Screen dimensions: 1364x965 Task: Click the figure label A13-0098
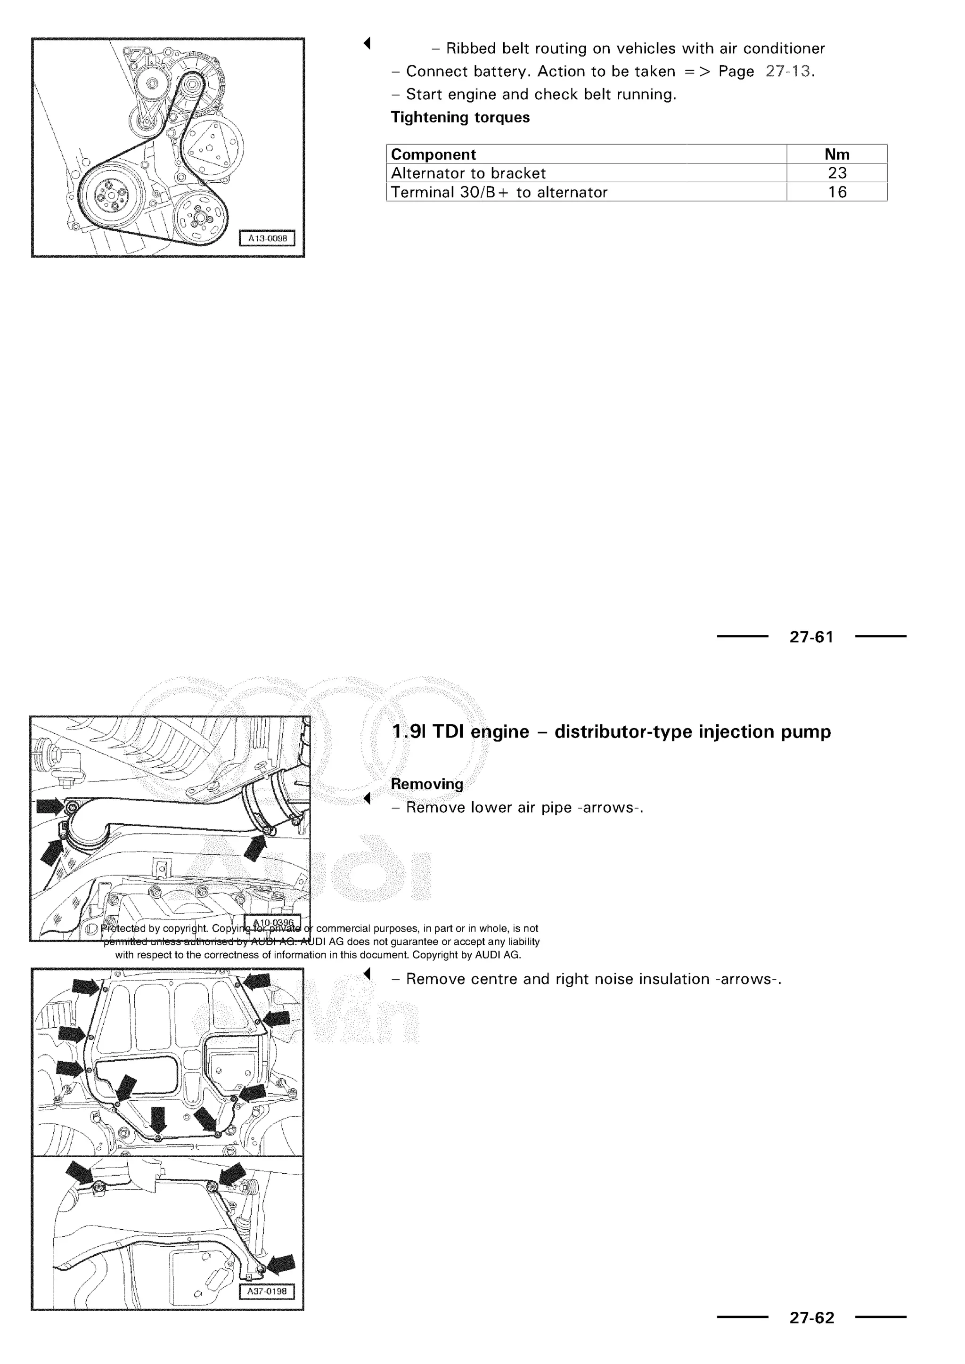coord(267,239)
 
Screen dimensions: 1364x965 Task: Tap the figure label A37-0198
coord(267,1291)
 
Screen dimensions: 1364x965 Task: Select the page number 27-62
coord(812,1318)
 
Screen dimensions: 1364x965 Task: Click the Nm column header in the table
coord(837,154)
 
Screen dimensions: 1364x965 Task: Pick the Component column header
coord(433,154)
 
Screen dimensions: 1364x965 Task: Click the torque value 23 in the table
coord(837,173)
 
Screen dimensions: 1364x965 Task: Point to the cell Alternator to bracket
coord(468,173)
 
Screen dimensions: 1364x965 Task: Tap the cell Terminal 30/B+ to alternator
coord(499,193)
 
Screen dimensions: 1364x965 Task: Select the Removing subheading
coord(426,784)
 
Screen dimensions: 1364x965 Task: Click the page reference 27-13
coord(788,71)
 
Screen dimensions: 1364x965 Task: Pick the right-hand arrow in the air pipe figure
coord(255,846)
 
